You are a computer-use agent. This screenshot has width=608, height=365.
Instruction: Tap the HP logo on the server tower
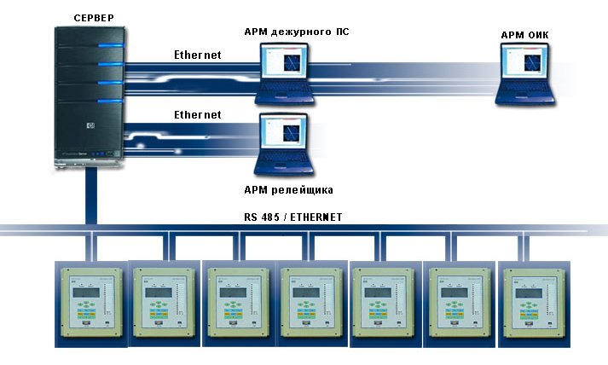[x=85, y=125]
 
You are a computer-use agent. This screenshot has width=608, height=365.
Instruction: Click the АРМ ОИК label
[x=527, y=35]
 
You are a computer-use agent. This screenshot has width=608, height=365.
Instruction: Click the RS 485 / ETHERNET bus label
[x=292, y=217]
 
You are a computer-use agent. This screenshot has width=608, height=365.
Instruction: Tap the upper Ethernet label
[x=197, y=55]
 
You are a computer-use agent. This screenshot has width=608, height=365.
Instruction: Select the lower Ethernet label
[x=197, y=114]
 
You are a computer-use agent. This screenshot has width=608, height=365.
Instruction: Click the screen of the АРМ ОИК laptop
[x=529, y=65]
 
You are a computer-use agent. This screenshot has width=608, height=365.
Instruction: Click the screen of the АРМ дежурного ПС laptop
[x=285, y=65]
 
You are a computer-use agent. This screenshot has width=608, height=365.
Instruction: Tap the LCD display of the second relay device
[x=160, y=293]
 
